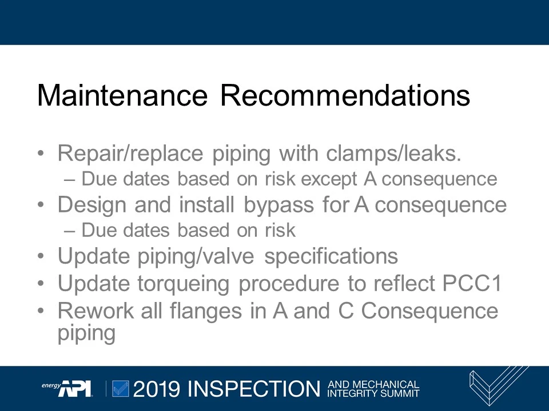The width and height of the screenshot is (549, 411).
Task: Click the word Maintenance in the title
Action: pyautogui.click(x=122, y=95)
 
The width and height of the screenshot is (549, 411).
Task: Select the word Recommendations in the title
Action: pyautogui.click(x=345, y=95)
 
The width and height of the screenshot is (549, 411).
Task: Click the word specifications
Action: pyautogui.click(x=331, y=256)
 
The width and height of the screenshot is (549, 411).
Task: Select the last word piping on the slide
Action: pyautogui.click(x=86, y=333)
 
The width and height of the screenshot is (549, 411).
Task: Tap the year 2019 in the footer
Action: pyautogui.click(x=157, y=389)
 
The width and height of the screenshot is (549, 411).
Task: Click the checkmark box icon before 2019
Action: pyautogui.click(x=121, y=388)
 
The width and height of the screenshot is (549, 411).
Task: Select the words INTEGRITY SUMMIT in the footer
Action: pyautogui.click(x=373, y=393)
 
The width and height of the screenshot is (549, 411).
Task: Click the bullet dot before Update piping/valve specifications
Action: pyautogui.click(x=41, y=257)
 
